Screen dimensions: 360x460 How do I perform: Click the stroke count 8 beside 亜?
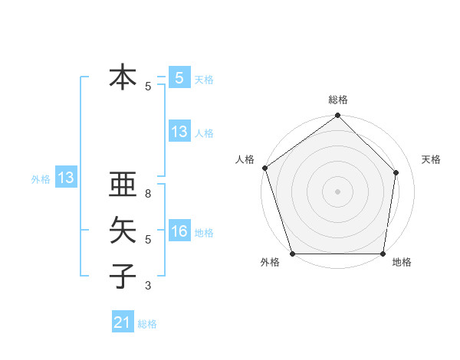pos(148,194)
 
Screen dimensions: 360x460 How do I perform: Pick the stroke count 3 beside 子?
pos(148,286)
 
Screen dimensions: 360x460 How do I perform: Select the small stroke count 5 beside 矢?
pos(148,240)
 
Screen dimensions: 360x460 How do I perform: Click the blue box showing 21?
pos(123,323)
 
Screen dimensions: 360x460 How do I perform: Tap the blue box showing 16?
pos(179,231)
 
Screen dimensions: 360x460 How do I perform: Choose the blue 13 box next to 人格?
pos(179,132)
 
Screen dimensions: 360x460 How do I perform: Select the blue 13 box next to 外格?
pos(66,178)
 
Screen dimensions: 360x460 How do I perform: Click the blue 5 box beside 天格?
pos(179,78)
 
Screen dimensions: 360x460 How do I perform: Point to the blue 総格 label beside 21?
pos(147,324)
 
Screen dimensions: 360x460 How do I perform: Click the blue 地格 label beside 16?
pos(204,233)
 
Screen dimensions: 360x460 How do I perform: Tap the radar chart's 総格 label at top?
pos(338,100)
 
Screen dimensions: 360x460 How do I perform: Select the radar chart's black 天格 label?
pos(432,159)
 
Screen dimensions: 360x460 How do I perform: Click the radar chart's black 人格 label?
pos(245,159)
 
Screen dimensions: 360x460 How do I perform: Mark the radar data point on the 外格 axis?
pos(293,254)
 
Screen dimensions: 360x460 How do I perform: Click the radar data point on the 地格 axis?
pos(383,254)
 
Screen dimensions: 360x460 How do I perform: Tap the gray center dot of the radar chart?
pos(337,191)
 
